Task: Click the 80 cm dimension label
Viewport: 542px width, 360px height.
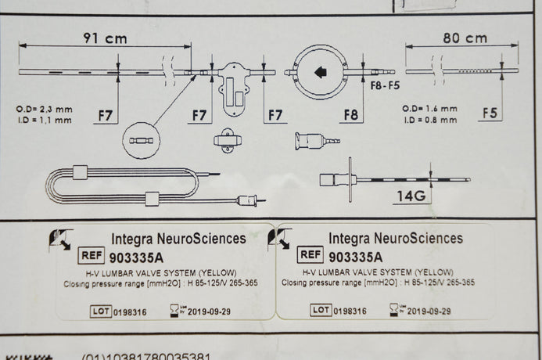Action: click(x=465, y=38)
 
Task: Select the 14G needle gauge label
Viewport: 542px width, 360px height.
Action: click(x=409, y=196)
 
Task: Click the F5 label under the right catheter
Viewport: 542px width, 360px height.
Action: click(x=490, y=114)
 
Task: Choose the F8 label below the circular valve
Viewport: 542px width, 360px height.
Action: click(x=351, y=116)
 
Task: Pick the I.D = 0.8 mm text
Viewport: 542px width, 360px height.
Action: click(x=429, y=120)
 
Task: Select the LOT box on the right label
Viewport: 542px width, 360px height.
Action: click(x=321, y=311)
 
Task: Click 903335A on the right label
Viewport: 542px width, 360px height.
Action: click(x=359, y=256)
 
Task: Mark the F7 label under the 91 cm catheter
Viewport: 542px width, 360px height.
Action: click(x=106, y=117)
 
